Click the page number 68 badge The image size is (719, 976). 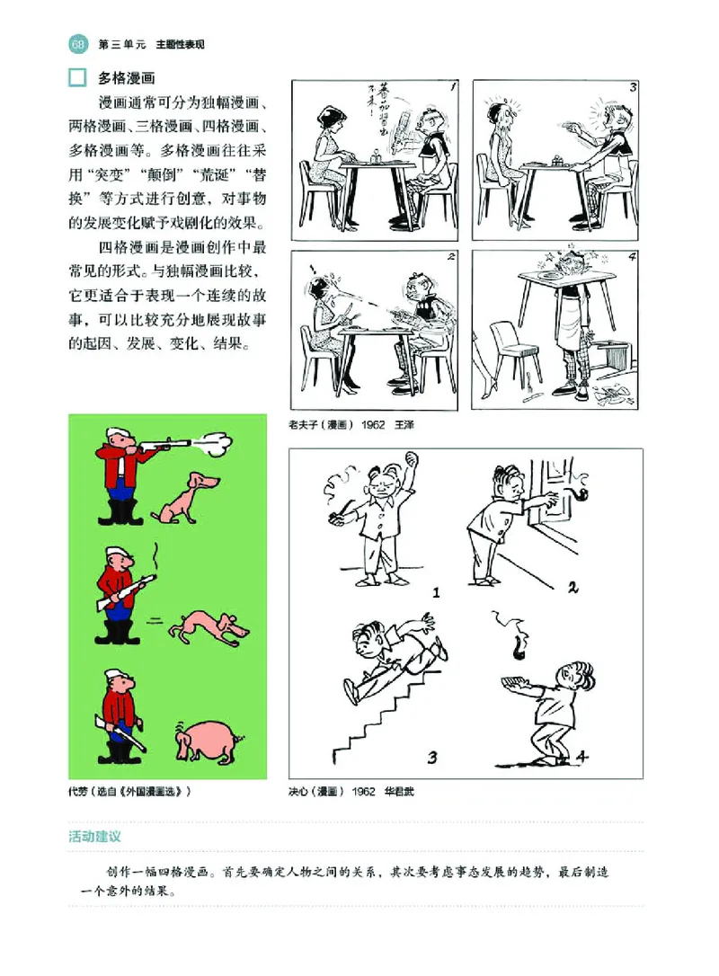click(x=76, y=44)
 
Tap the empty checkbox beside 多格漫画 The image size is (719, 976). click(x=78, y=78)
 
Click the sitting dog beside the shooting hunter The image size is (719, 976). click(x=184, y=500)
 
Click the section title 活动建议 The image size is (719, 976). click(x=95, y=836)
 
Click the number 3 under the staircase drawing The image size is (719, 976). click(x=432, y=757)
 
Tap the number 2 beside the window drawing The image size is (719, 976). click(x=573, y=589)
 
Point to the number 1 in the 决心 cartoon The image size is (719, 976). click(x=436, y=592)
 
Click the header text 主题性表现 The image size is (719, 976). click(x=181, y=44)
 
